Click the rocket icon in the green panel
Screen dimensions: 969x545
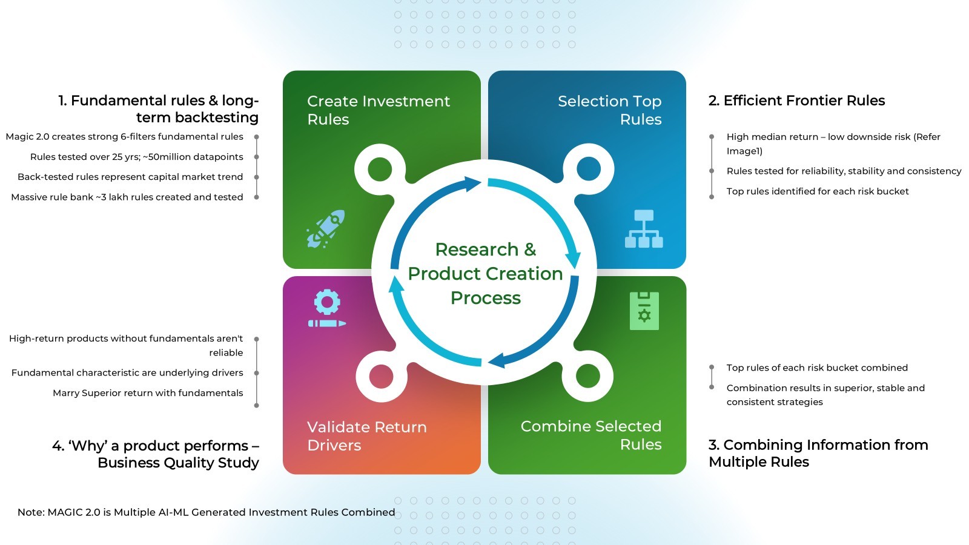[326, 229]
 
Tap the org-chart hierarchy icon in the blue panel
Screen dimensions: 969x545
[644, 229]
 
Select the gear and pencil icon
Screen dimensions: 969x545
[327, 308]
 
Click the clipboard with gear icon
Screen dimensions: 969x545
[644, 311]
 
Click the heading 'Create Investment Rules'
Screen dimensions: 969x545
[379, 110]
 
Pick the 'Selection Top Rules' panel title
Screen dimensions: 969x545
[609, 110]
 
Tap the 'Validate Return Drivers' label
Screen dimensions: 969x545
[367, 435]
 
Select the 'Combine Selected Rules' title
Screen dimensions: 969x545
[591, 435]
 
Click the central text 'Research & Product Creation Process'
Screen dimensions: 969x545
[485, 273]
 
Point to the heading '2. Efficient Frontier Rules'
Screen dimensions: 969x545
[796, 101]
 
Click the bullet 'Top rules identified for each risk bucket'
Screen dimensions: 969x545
[817, 191]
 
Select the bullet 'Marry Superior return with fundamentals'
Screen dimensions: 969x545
[148, 393]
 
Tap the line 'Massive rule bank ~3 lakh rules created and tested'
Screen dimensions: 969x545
[127, 197]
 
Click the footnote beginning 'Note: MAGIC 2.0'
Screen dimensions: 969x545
[207, 512]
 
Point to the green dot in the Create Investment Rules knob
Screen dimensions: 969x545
[380, 169]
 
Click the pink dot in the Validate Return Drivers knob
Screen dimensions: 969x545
[381, 376]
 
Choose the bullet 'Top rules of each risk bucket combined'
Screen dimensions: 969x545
[817, 368]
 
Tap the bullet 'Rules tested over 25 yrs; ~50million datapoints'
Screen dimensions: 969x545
[137, 157]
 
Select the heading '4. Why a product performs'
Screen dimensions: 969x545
[156, 454]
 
